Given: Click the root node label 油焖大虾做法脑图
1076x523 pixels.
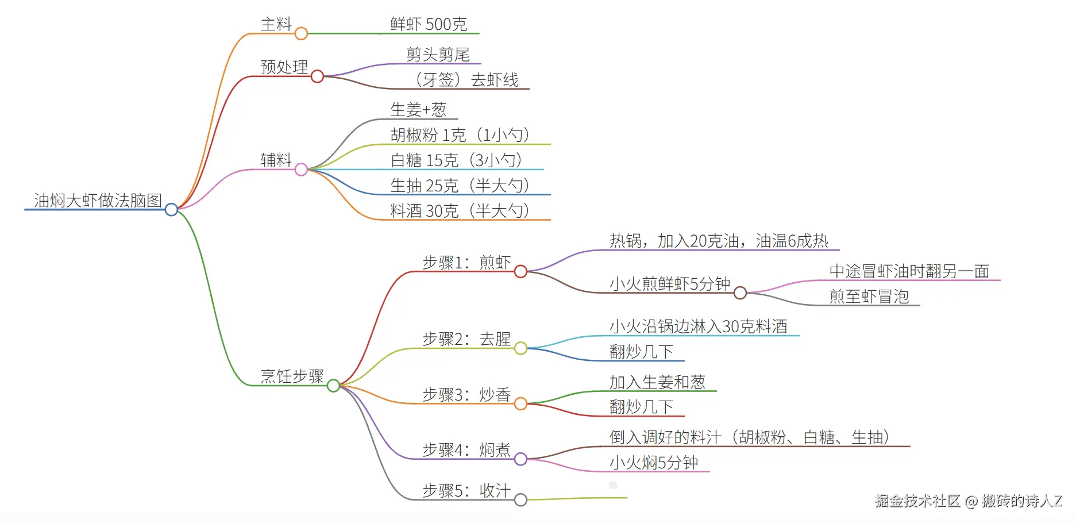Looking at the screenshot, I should (x=98, y=201).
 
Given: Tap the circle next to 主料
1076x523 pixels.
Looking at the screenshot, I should (x=301, y=34).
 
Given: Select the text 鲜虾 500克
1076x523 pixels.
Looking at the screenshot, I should (x=429, y=24).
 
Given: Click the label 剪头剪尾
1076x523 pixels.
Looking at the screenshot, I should (x=438, y=55).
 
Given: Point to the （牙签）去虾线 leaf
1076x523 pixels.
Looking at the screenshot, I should (x=466, y=80).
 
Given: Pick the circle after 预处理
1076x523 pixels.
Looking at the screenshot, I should (x=317, y=76).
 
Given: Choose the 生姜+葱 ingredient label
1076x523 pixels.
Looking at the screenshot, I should (x=418, y=110).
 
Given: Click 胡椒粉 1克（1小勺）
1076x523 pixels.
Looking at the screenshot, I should (x=460, y=135).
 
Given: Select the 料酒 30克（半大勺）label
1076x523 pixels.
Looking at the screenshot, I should (x=460, y=211).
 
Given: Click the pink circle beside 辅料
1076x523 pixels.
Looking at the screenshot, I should (x=301, y=170).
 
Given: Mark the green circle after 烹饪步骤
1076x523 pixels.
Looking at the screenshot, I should (x=333, y=386).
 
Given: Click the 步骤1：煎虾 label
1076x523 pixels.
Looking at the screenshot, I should (x=466, y=263).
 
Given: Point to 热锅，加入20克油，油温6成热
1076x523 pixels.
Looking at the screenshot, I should (x=719, y=241).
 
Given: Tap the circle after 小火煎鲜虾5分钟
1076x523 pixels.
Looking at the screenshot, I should (x=740, y=293).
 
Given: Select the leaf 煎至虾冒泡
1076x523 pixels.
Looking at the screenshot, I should (x=869, y=297).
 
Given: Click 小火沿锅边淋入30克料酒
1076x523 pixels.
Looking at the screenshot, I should (x=698, y=326).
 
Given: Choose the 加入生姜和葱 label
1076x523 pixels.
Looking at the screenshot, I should (x=657, y=382).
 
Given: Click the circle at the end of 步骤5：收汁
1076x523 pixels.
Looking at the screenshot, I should (x=520, y=500).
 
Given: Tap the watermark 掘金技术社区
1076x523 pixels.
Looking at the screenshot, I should (x=917, y=501).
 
